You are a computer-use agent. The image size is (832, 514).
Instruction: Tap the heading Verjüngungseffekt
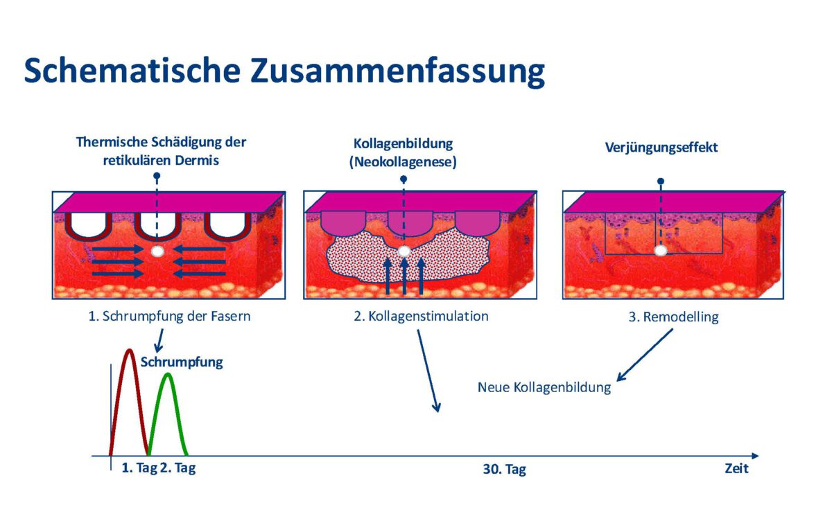[x=661, y=148]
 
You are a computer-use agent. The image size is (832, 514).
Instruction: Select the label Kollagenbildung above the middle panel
[x=403, y=144]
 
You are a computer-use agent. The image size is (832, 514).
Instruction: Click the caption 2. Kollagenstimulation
[x=422, y=317]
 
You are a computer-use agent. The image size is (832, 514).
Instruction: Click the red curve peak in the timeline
[x=129, y=351]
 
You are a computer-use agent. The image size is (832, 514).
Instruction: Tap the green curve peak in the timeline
[x=168, y=375]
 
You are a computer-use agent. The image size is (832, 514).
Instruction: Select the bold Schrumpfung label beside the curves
[x=182, y=362]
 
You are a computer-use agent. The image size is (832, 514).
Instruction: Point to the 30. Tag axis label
[x=504, y=470]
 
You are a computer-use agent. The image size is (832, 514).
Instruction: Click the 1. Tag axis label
[x=139, y=468]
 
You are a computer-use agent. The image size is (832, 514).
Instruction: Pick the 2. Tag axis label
[x=177, y=468]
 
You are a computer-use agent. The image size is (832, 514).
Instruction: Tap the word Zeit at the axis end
[x=736, y=469]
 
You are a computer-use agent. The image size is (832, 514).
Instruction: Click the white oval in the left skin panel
[x=157, y=251]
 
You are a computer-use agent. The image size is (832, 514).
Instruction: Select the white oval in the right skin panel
[x=661, y=250]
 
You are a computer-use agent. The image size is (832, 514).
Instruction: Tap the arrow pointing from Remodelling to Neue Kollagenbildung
[x=644, y=355]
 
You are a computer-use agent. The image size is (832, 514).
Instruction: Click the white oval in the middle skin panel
[x=404, y=251]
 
